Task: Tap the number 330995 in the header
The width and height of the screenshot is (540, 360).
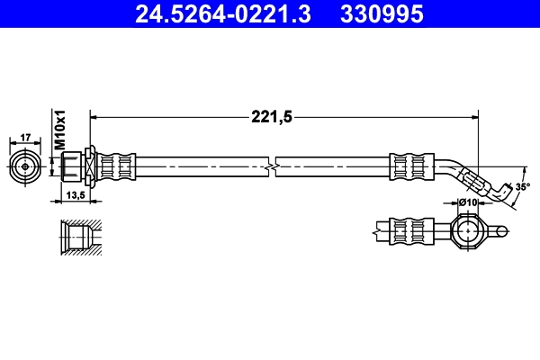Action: [379, 13]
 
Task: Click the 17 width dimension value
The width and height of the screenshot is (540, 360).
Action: [25, 138]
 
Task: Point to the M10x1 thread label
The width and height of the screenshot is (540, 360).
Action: [61, 130]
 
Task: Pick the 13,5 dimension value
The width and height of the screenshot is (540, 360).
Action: [76, 194]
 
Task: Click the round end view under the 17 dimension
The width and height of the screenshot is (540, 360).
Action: [25, 166]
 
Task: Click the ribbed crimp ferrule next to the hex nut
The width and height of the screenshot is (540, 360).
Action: [117, 166]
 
